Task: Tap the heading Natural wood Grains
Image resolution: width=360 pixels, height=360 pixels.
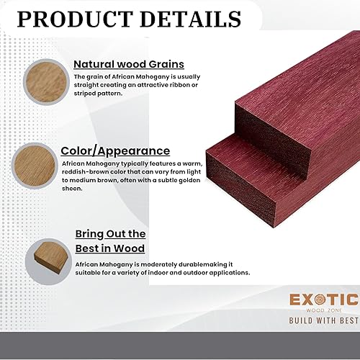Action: point(128,63)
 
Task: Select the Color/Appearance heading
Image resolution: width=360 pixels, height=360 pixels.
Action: point(115,150)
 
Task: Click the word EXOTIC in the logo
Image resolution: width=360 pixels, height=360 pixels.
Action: point(323,300)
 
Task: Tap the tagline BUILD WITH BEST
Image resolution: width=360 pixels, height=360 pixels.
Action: point(323,319)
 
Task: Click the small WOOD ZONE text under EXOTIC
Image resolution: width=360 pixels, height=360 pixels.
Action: point(323,309)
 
